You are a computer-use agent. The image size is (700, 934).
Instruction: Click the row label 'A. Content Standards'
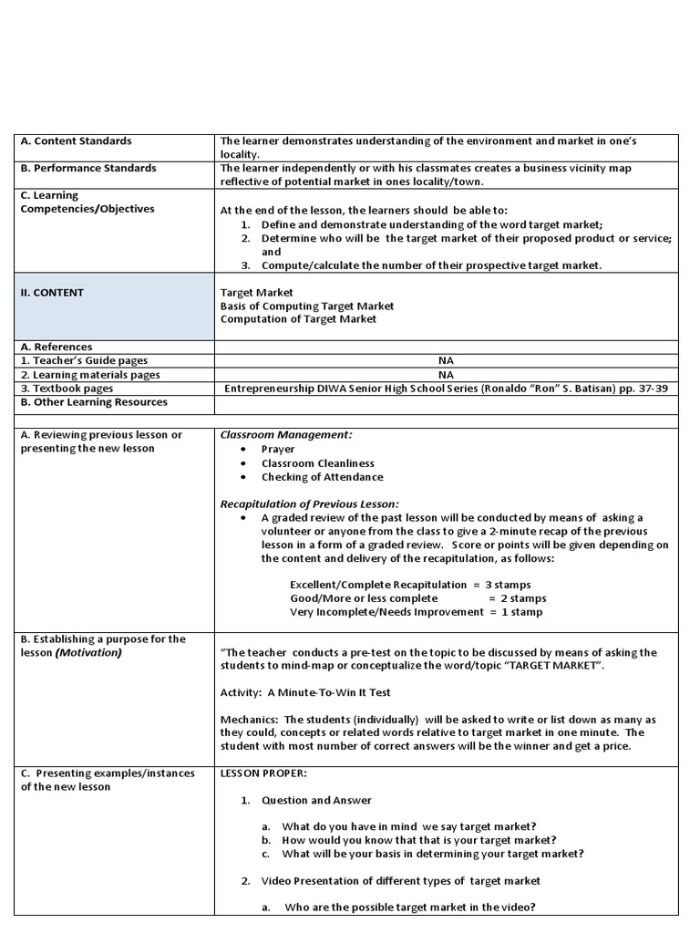(x=77, y=141)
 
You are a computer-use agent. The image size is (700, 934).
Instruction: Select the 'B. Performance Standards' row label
(x=88, y=168)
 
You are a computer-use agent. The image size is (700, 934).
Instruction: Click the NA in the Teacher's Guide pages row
(x=446, y=360)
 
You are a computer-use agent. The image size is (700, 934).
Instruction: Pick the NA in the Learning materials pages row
(x=446, y=374)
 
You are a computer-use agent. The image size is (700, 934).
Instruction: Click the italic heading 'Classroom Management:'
(x=286, y=435)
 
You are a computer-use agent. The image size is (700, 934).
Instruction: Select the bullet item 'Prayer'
(x=278, y=450)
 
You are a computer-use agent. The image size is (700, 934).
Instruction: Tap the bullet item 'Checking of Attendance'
(x=322, y=477)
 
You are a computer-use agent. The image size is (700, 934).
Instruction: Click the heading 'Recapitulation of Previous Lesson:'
(x=309, y=504)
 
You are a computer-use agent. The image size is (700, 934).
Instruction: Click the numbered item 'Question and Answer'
(x=316, y=801)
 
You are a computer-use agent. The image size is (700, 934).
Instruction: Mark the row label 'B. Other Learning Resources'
(x=94, y=402)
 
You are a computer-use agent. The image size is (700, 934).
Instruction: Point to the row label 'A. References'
(x=57, y=347)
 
